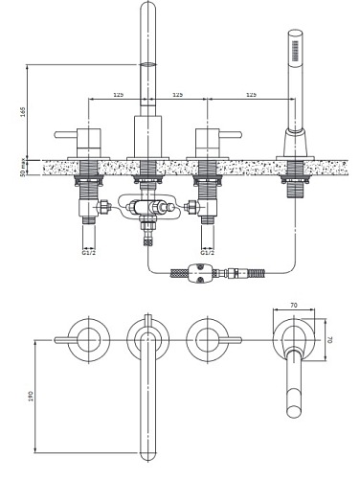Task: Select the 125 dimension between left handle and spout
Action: pos(117,94)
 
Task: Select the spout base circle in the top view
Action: pos(147,339)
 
